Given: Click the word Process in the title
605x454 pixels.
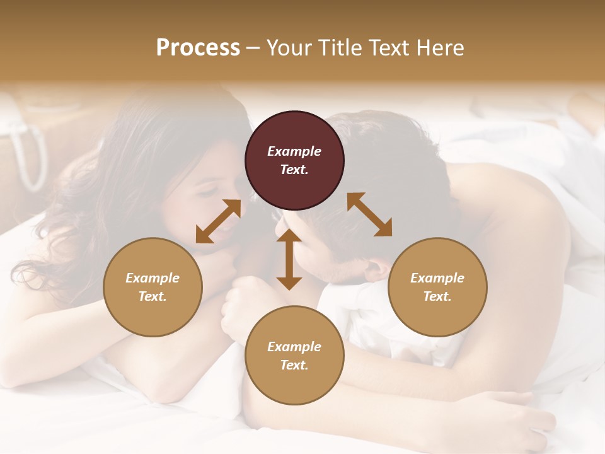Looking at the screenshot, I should [x=198, y=48].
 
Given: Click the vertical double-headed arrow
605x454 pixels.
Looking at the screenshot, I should [x=289, y=260].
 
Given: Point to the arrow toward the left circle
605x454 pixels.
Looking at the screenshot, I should [x=218, y=221].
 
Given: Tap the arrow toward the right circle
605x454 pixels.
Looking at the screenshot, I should [x=369, y=214].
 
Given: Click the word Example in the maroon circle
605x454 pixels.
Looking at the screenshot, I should [x=294, y=151].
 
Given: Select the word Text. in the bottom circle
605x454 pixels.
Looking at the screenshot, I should [x=294, y=365].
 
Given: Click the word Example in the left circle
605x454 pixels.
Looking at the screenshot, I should [x=153, y=278].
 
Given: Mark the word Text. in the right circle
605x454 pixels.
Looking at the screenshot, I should [x=437, y=296].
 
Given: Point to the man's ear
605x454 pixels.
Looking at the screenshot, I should [x=377, y=268].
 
